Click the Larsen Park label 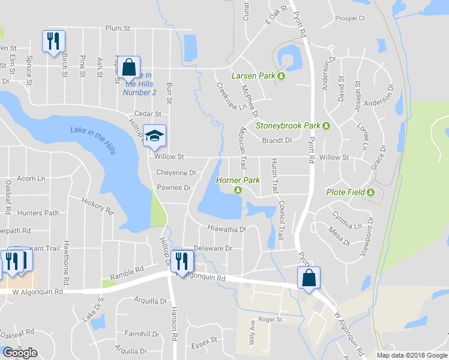pyautogui.click(x=253, y=76)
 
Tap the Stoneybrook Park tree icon pyautogui.click(x=326, y=126)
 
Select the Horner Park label pyautogui.click(x=233, y=180)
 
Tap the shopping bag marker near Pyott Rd pyautogui.click(x=309, y=277)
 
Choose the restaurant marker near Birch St pyautogui.click(x=53, y=41)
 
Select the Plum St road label pyautogui.click(x=118, y=28)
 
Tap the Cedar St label pyautogui.click(x=149, y=114)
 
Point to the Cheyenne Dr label pyautogui.click(x=176, y=173)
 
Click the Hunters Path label pyautogui.click(x=38, y=212)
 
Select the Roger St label pyautogui.click(x=270, y=320)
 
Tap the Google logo pyautogui.click(x=20, y=353)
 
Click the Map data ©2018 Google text pyautogui.click(x=412, y=355)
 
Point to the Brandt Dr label pyautogui.click(x=277, y=140)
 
